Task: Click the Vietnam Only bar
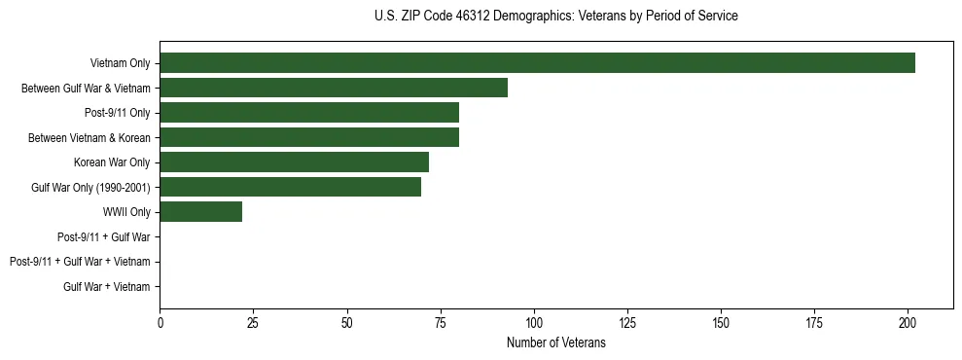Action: [537, 63]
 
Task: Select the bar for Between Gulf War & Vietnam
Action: [334, 88]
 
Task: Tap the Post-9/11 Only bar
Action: [309, 113]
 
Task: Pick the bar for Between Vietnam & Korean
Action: [309, 137]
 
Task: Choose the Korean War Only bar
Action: [294, 162]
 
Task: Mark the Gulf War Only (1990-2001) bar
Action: [290, 187]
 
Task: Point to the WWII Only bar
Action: [200, 212]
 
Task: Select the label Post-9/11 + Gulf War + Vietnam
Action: [80, 262]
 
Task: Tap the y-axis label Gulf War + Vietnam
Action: [107, 287]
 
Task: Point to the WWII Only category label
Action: [126, 212]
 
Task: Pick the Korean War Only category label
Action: [112, 162]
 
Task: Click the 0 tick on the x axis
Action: [160, 322]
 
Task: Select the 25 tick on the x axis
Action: [253, 322]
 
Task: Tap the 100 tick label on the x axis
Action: [534, 322]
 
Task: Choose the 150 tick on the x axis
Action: [721, 322]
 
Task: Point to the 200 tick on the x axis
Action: [908, 322]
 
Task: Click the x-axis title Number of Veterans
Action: [556, 342]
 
